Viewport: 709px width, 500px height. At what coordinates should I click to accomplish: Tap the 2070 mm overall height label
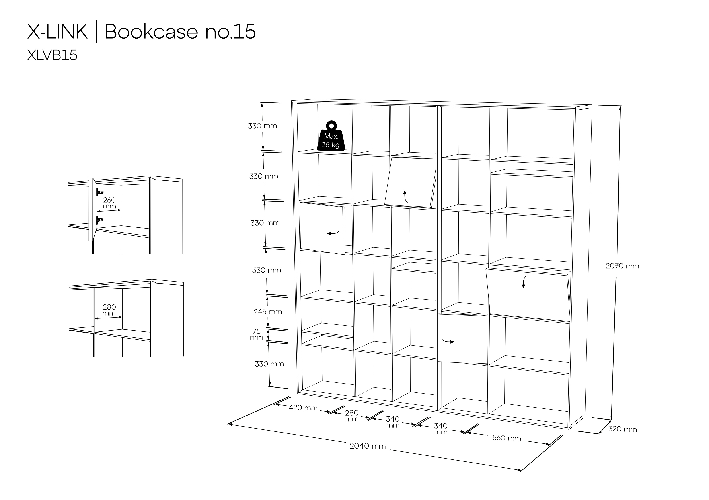tap(622, 266)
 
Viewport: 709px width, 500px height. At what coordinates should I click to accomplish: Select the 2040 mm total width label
tap(368, 446)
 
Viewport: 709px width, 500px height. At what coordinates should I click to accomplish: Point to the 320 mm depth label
tap(623, 429)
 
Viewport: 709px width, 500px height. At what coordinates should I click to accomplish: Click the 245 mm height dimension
tap(268, 312)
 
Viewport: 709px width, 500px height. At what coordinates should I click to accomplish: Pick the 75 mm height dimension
tap(257, 334)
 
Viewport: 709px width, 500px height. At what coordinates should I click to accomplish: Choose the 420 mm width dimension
tap(303, 408)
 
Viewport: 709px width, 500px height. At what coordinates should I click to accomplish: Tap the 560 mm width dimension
tap(506, 438)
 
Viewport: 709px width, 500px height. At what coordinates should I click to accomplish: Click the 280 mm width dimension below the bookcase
tap(352, 416)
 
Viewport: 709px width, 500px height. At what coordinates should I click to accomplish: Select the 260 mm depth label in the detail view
tap(109, 203)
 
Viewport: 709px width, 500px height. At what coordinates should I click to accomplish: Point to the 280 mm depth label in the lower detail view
tap(109, 310)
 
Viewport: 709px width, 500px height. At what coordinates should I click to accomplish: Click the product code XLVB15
tap(52, 55)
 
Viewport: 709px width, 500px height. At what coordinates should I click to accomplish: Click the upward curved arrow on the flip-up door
tap(405, 197)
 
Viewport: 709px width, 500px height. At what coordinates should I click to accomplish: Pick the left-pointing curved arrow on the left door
tap(333, 233)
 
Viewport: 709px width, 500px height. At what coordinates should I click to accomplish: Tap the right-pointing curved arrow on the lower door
tap(448, 341)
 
